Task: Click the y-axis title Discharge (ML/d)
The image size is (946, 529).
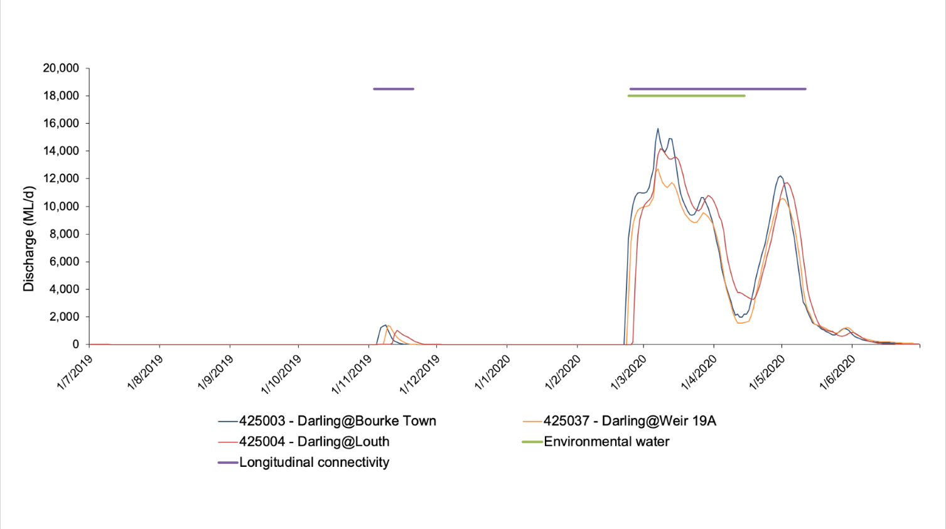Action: tap(29, 238)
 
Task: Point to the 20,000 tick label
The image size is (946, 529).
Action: tap(61, 68)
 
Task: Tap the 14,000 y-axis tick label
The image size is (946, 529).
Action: tap(61, 151)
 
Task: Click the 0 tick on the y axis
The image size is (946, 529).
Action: tap(76, 345)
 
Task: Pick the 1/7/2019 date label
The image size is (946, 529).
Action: tap(75, 372)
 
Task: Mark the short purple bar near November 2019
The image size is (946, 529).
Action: tap(394, 89)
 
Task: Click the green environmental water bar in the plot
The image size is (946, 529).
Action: tap(686, 96)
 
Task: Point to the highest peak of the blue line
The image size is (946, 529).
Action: tap(658, 129)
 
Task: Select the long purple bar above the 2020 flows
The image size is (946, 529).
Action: tap(718, 89)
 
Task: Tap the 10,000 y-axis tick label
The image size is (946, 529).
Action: tap(61, 206)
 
